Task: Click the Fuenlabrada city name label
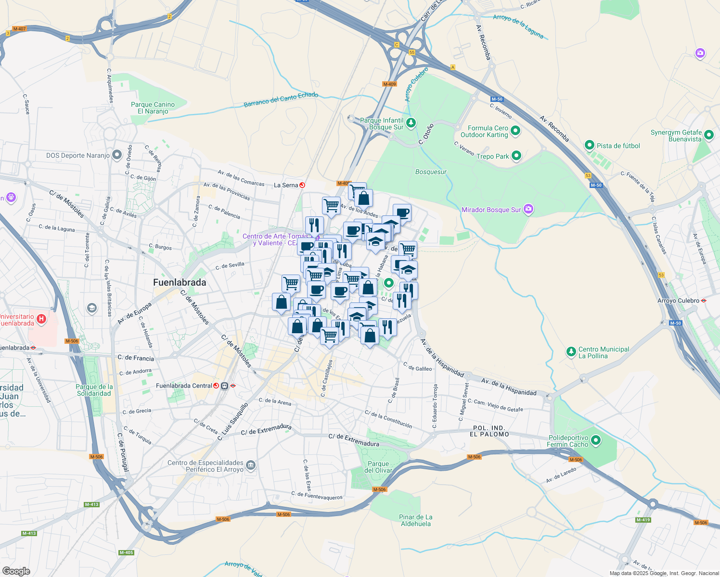[180, 283]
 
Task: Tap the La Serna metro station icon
[302, 185]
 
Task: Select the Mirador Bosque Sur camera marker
[528, 209]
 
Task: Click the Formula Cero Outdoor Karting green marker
[515, 131]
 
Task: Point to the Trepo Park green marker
[516, 156]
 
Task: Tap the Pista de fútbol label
[618, 146]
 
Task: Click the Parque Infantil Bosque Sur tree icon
[411, 123]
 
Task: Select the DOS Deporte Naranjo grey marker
[116, 155]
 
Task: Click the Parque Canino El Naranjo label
[153, 108]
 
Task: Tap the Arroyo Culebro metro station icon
[704, 301]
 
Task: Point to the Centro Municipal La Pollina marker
[571, 352]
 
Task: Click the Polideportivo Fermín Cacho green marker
[596, 440]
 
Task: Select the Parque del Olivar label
[378, 467]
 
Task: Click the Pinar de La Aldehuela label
[416, 520]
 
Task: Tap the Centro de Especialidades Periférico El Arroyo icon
[250, 465]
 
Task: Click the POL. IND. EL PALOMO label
[489, 431]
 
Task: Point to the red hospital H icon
[41, 318]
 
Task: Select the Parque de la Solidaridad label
[94, 390]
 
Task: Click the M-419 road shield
[643, 520]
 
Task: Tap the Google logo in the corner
[16, 571]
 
